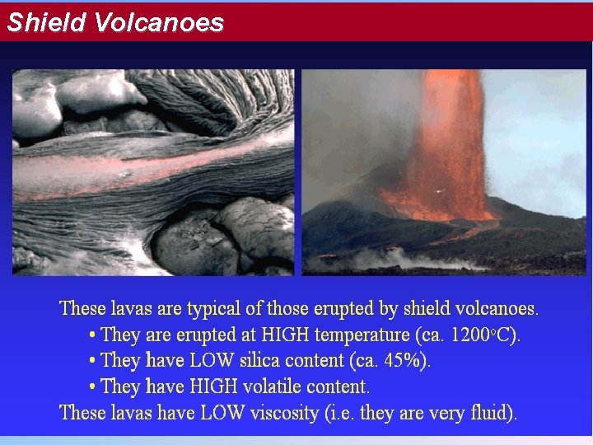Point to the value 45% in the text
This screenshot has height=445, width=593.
click(x=406, y=361)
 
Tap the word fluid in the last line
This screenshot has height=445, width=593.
click(x=492, y=413)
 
